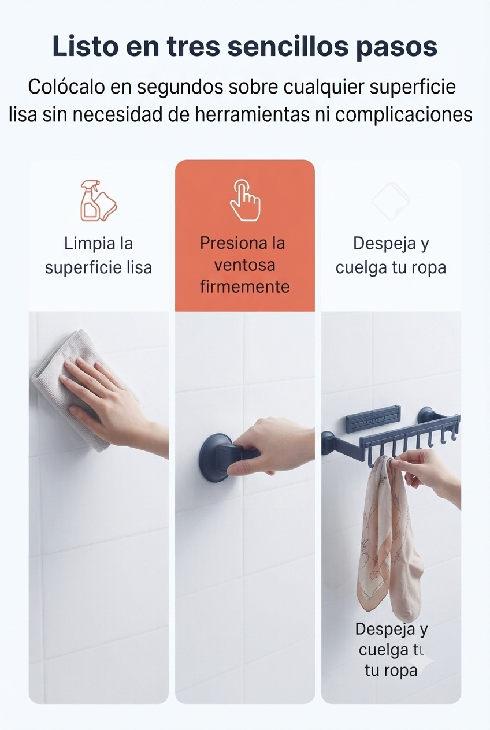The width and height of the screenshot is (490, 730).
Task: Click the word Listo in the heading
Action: pos(85,46)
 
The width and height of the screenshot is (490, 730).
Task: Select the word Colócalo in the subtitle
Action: pos(66,87)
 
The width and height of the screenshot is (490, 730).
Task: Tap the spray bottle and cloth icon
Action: pos(98,200)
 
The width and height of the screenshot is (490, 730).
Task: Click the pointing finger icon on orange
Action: pos(245,200)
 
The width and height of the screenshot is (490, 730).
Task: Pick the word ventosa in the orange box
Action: pos(245,265)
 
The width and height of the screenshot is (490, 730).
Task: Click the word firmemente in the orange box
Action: pos(245,287)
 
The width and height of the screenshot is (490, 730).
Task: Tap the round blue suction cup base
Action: pos(212,457)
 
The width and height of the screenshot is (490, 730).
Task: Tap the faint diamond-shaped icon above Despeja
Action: pos(391,201)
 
